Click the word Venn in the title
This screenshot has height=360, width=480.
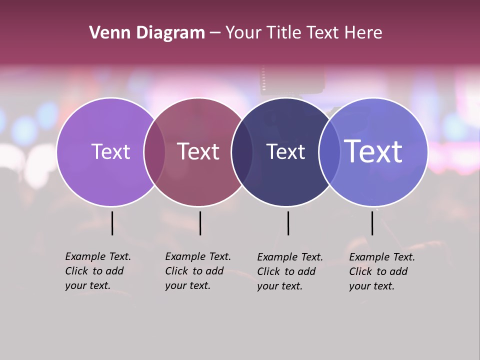click(106, 33)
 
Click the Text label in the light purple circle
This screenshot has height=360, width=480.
click(110, 151)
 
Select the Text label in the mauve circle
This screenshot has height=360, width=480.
click(198, 151)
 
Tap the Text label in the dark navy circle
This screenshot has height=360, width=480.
click(285, 151)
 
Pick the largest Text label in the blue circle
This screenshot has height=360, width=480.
click(373, 151)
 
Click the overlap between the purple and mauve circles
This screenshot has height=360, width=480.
click(154, 151)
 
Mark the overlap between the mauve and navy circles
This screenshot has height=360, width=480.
click(242, 151)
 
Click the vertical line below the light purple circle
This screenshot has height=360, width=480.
click(112, 223)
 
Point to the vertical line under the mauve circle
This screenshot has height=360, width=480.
click(200, 223)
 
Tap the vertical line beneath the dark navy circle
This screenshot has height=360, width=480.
click(288, 223)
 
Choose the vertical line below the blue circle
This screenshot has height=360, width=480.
click(372, 223)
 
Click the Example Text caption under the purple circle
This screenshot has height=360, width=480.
click(98, 271)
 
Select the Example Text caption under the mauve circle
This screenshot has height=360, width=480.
click(198, 271)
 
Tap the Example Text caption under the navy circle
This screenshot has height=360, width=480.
click(290, 271)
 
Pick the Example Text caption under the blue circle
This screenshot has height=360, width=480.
click(382, 271)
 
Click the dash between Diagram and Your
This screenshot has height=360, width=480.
click(215, 33)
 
